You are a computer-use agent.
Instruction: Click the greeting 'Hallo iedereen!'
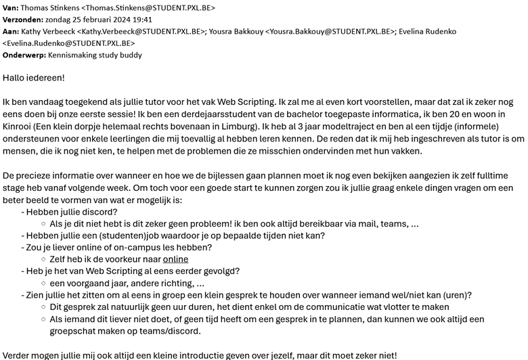(x=34, y=78)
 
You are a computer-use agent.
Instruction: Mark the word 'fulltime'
(x=502, y=175)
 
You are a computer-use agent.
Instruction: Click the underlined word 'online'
(x=175, y=258)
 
